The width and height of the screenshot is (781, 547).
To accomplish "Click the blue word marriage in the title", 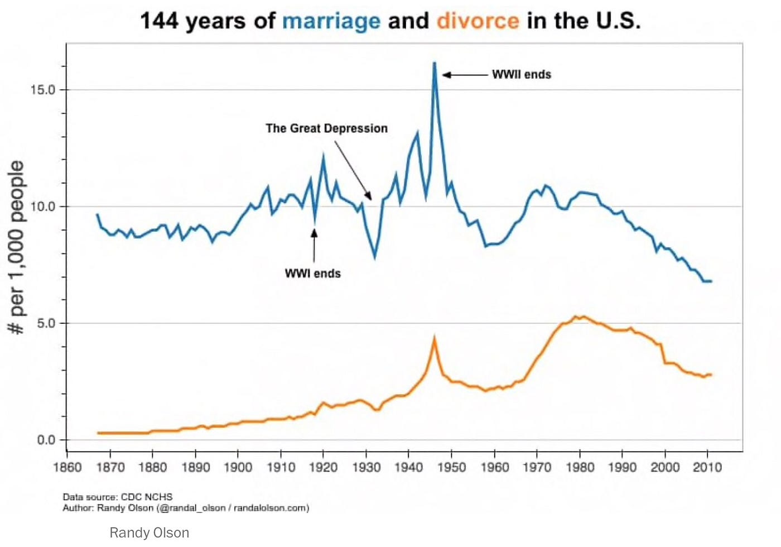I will click(x=331, y=21).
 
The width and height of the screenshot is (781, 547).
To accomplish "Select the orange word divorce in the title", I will click(x=478, y=21).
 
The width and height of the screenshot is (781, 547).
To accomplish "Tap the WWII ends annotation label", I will click(x=521, y=75).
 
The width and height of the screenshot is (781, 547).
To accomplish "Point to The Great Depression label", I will click(x=326, y=128).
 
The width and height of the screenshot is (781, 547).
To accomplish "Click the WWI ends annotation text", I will click(x=312, y=273).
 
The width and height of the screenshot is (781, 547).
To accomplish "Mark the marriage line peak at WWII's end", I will click(x=434, y=64).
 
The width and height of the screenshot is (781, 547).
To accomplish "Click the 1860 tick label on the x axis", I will click(x=67, y=467).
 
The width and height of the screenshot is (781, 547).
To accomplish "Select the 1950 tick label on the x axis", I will click(x=451, y=467).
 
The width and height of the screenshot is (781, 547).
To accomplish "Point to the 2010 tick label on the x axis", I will click(x=707, y=467).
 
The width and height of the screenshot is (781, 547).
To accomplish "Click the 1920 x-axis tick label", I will click(x=323, y=467).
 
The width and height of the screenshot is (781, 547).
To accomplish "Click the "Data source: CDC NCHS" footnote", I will click(x=117, y=497).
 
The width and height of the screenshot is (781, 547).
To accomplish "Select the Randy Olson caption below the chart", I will click(x=149, y=533).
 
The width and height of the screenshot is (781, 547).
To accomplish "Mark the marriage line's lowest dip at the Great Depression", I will click(x=374, y=257).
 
